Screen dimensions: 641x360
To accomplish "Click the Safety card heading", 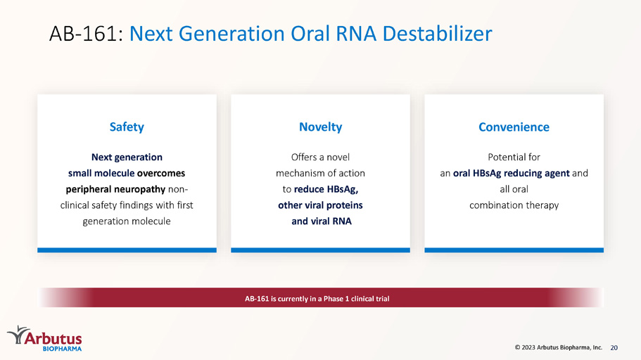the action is [127, 127].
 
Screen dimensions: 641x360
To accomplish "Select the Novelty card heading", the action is [321, 127].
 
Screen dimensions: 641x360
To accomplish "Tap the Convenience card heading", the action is [514, 127].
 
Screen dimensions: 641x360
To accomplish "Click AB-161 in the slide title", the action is [83, 34].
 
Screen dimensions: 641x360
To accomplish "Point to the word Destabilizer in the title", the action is [437, 34].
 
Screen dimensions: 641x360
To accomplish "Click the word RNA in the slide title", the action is [355, 34].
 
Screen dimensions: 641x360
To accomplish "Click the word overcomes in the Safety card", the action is [161, 173].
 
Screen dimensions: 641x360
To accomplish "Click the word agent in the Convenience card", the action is [557, 174].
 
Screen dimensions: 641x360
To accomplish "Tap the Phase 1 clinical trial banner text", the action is [317, 299].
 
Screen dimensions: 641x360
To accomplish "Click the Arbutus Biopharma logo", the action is [44, 338].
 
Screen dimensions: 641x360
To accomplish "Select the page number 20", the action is [614, 348].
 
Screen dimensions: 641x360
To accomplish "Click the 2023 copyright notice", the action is [559, 347].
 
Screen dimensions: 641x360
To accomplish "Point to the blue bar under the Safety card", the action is [127, 250].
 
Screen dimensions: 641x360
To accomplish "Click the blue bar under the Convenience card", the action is [514, 250].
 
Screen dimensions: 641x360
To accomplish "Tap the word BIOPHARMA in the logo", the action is [62, 349].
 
